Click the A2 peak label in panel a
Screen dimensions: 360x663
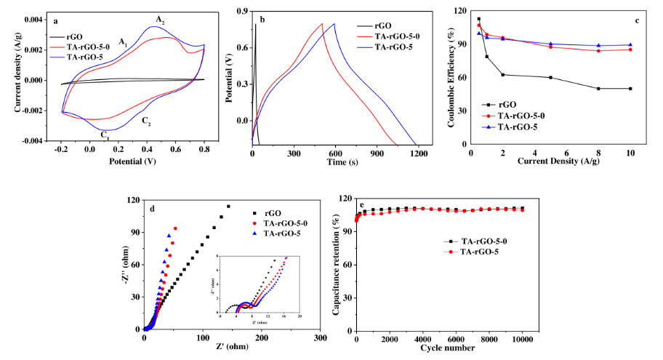[x=160, y=18]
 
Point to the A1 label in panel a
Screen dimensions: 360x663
[x=124, y=41]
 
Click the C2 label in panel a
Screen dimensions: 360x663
[x=146, y=121]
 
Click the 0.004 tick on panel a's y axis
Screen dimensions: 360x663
[x=33, y=20]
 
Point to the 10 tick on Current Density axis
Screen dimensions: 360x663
[x=630, y=153]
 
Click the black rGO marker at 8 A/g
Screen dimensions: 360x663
[x=598, y=89]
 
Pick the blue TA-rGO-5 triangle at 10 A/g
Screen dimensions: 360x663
[x=630, y=45]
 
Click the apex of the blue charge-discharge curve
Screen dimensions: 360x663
[x=334, y=24]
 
